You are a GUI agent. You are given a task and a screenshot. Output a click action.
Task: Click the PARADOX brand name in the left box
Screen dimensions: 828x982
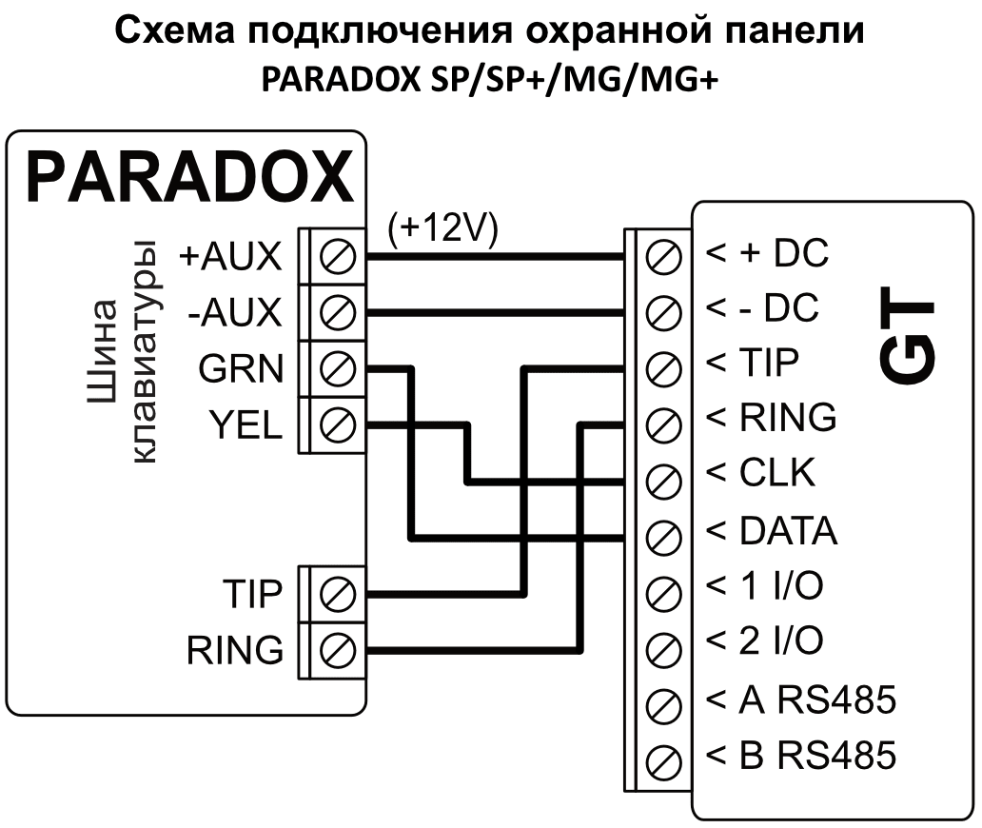(188, 177)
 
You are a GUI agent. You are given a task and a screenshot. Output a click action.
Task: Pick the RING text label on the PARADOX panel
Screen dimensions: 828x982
(235, 651)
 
